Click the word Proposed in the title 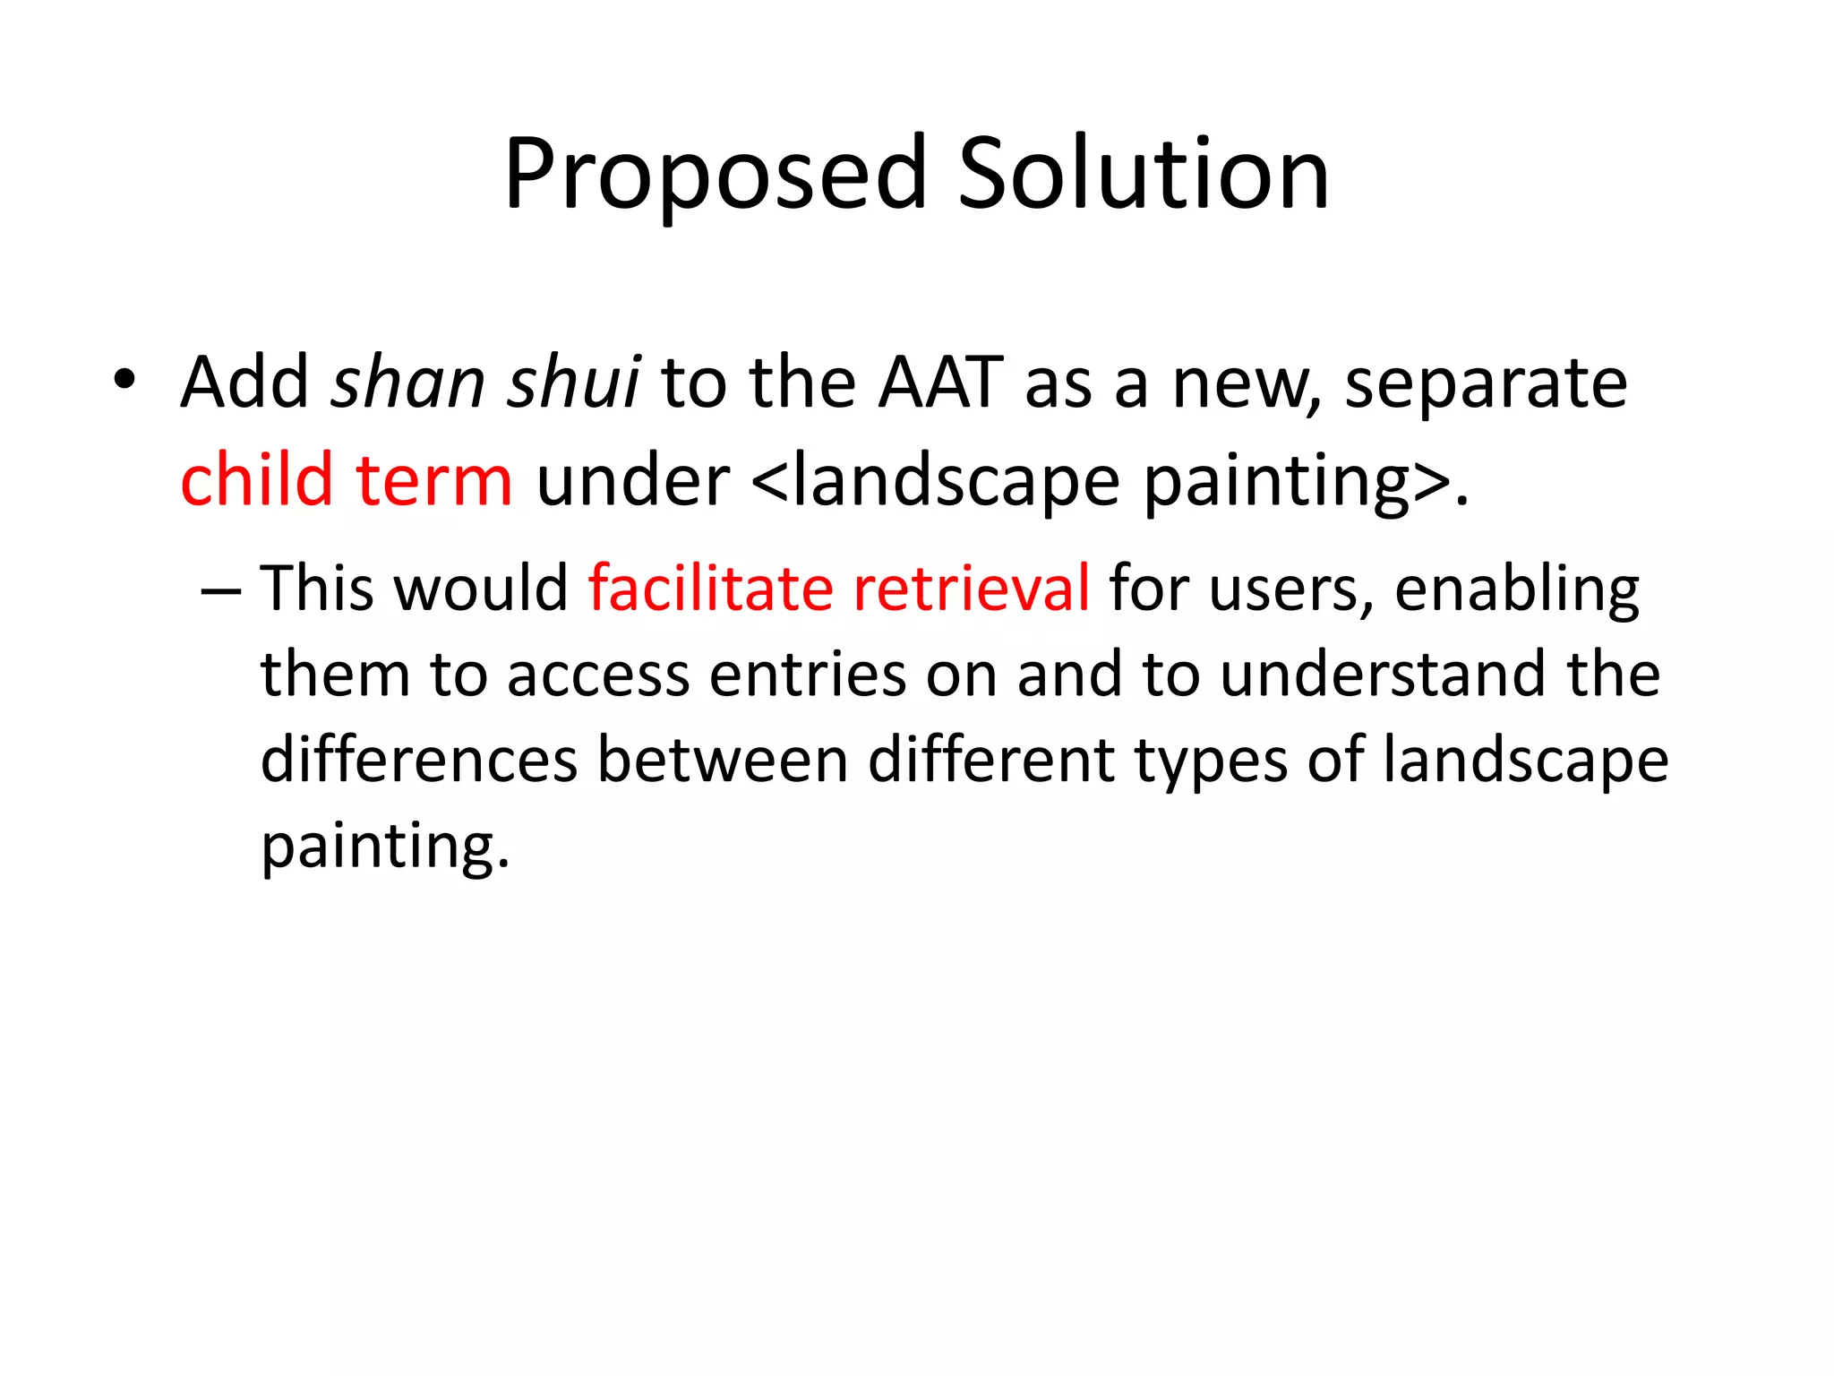(715, 175)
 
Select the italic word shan (407, 383)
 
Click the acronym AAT (940, 383)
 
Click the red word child (256, 480)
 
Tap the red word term (434, 482)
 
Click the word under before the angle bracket (632, 482)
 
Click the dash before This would (221, 591)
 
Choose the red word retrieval (972, 589)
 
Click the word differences (419, 760)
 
